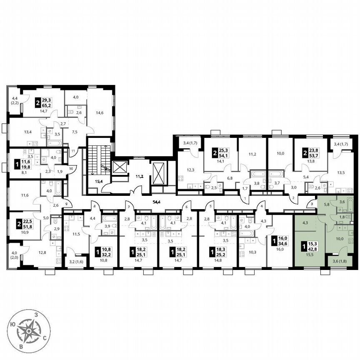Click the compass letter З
point(37,315)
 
